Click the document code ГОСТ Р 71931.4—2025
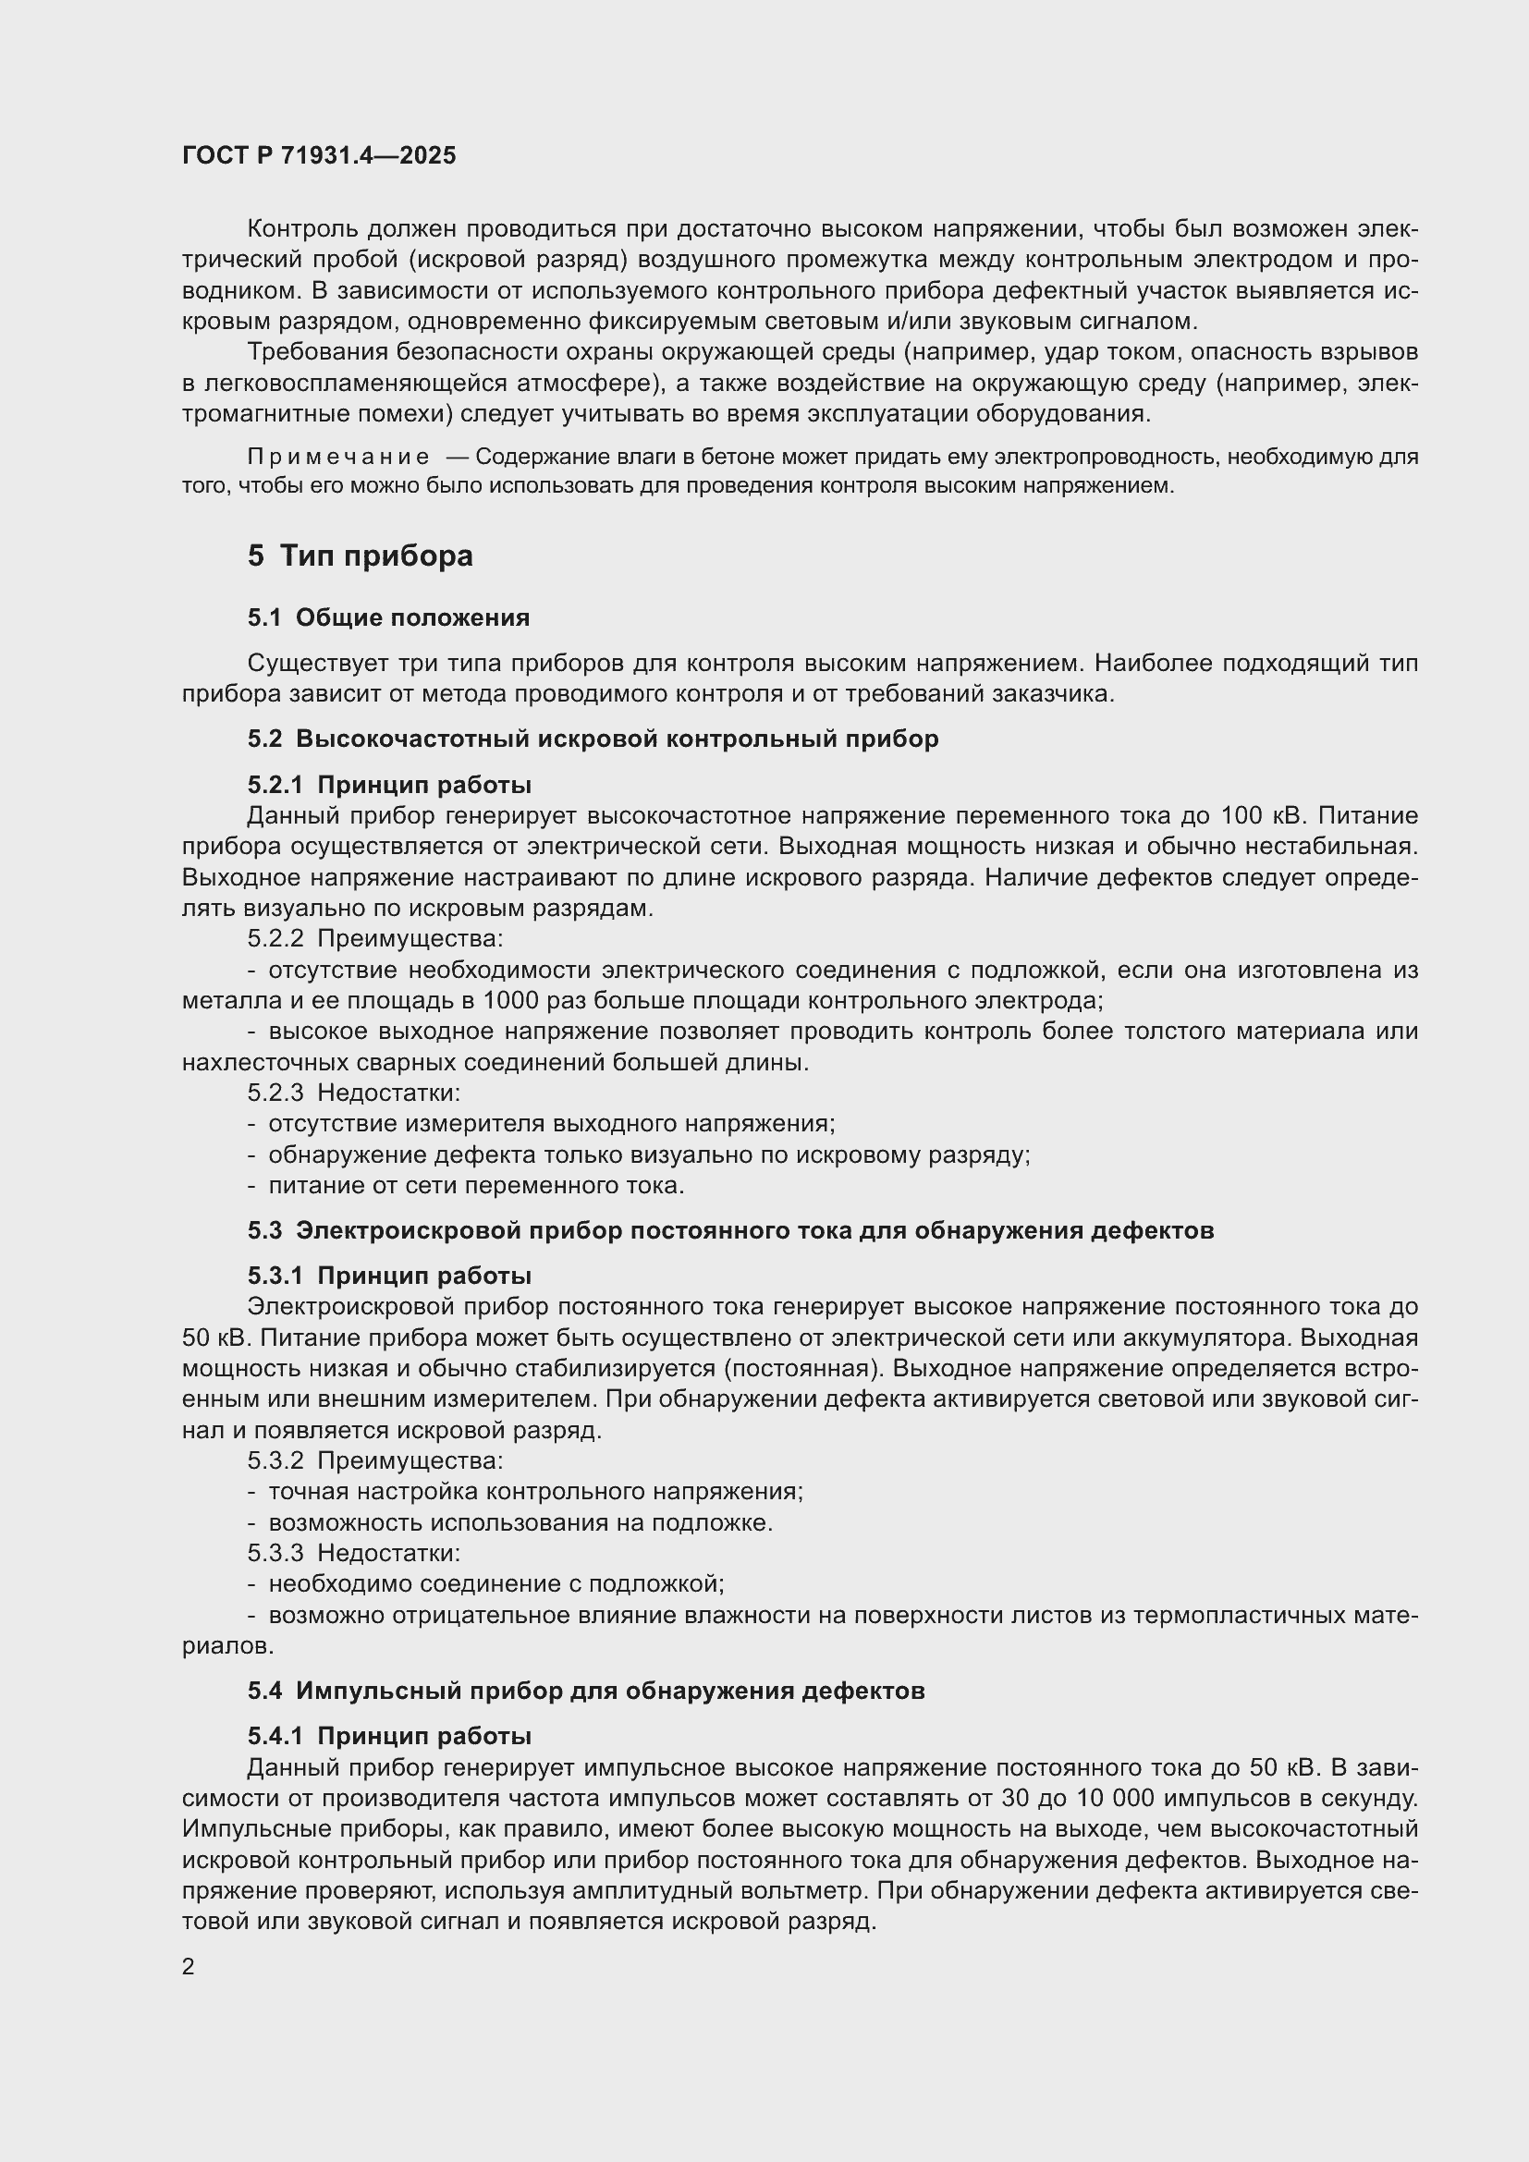click(319, 155)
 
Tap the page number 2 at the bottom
click(189, 1967)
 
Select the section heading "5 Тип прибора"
click(361, 556)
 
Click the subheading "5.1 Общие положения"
click(389, 617)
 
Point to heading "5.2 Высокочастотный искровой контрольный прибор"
click(593, 739)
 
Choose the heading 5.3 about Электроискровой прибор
click(730, 1229)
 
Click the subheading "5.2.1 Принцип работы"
click(390, 785)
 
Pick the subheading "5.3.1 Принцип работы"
click(390, 1276)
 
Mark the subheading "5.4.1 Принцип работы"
click(390, 1736)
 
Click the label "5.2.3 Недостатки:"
click(354, 1093)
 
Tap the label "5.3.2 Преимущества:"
click(375, 1460)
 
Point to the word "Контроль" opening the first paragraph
click(300, 229)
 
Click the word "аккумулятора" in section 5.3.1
click(1220, 1338)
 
